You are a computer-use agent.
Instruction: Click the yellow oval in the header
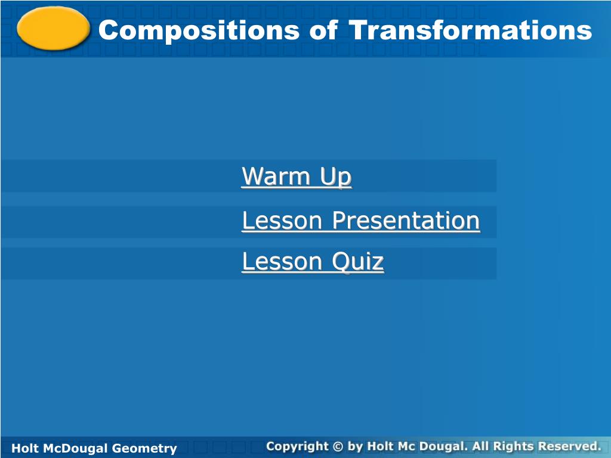point(53,29)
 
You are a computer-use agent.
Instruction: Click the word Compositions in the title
point(199,31)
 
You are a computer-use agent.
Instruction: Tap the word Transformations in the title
point(470,30)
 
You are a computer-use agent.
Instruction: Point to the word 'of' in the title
point(323,30)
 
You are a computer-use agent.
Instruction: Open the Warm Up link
point(297,177)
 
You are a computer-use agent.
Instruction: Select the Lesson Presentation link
point(361,221)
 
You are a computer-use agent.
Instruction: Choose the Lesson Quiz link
point(313,262)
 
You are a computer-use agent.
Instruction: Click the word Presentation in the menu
point(406,221)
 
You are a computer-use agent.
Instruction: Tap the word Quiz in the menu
point(358,262)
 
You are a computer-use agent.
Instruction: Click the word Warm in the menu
point(276,176)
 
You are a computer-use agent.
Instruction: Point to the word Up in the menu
point(336,178)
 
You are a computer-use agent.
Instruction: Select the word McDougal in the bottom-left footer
point(75,449)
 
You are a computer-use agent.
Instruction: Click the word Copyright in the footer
point(297,446)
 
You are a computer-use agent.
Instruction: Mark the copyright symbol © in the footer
point(338,446)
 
